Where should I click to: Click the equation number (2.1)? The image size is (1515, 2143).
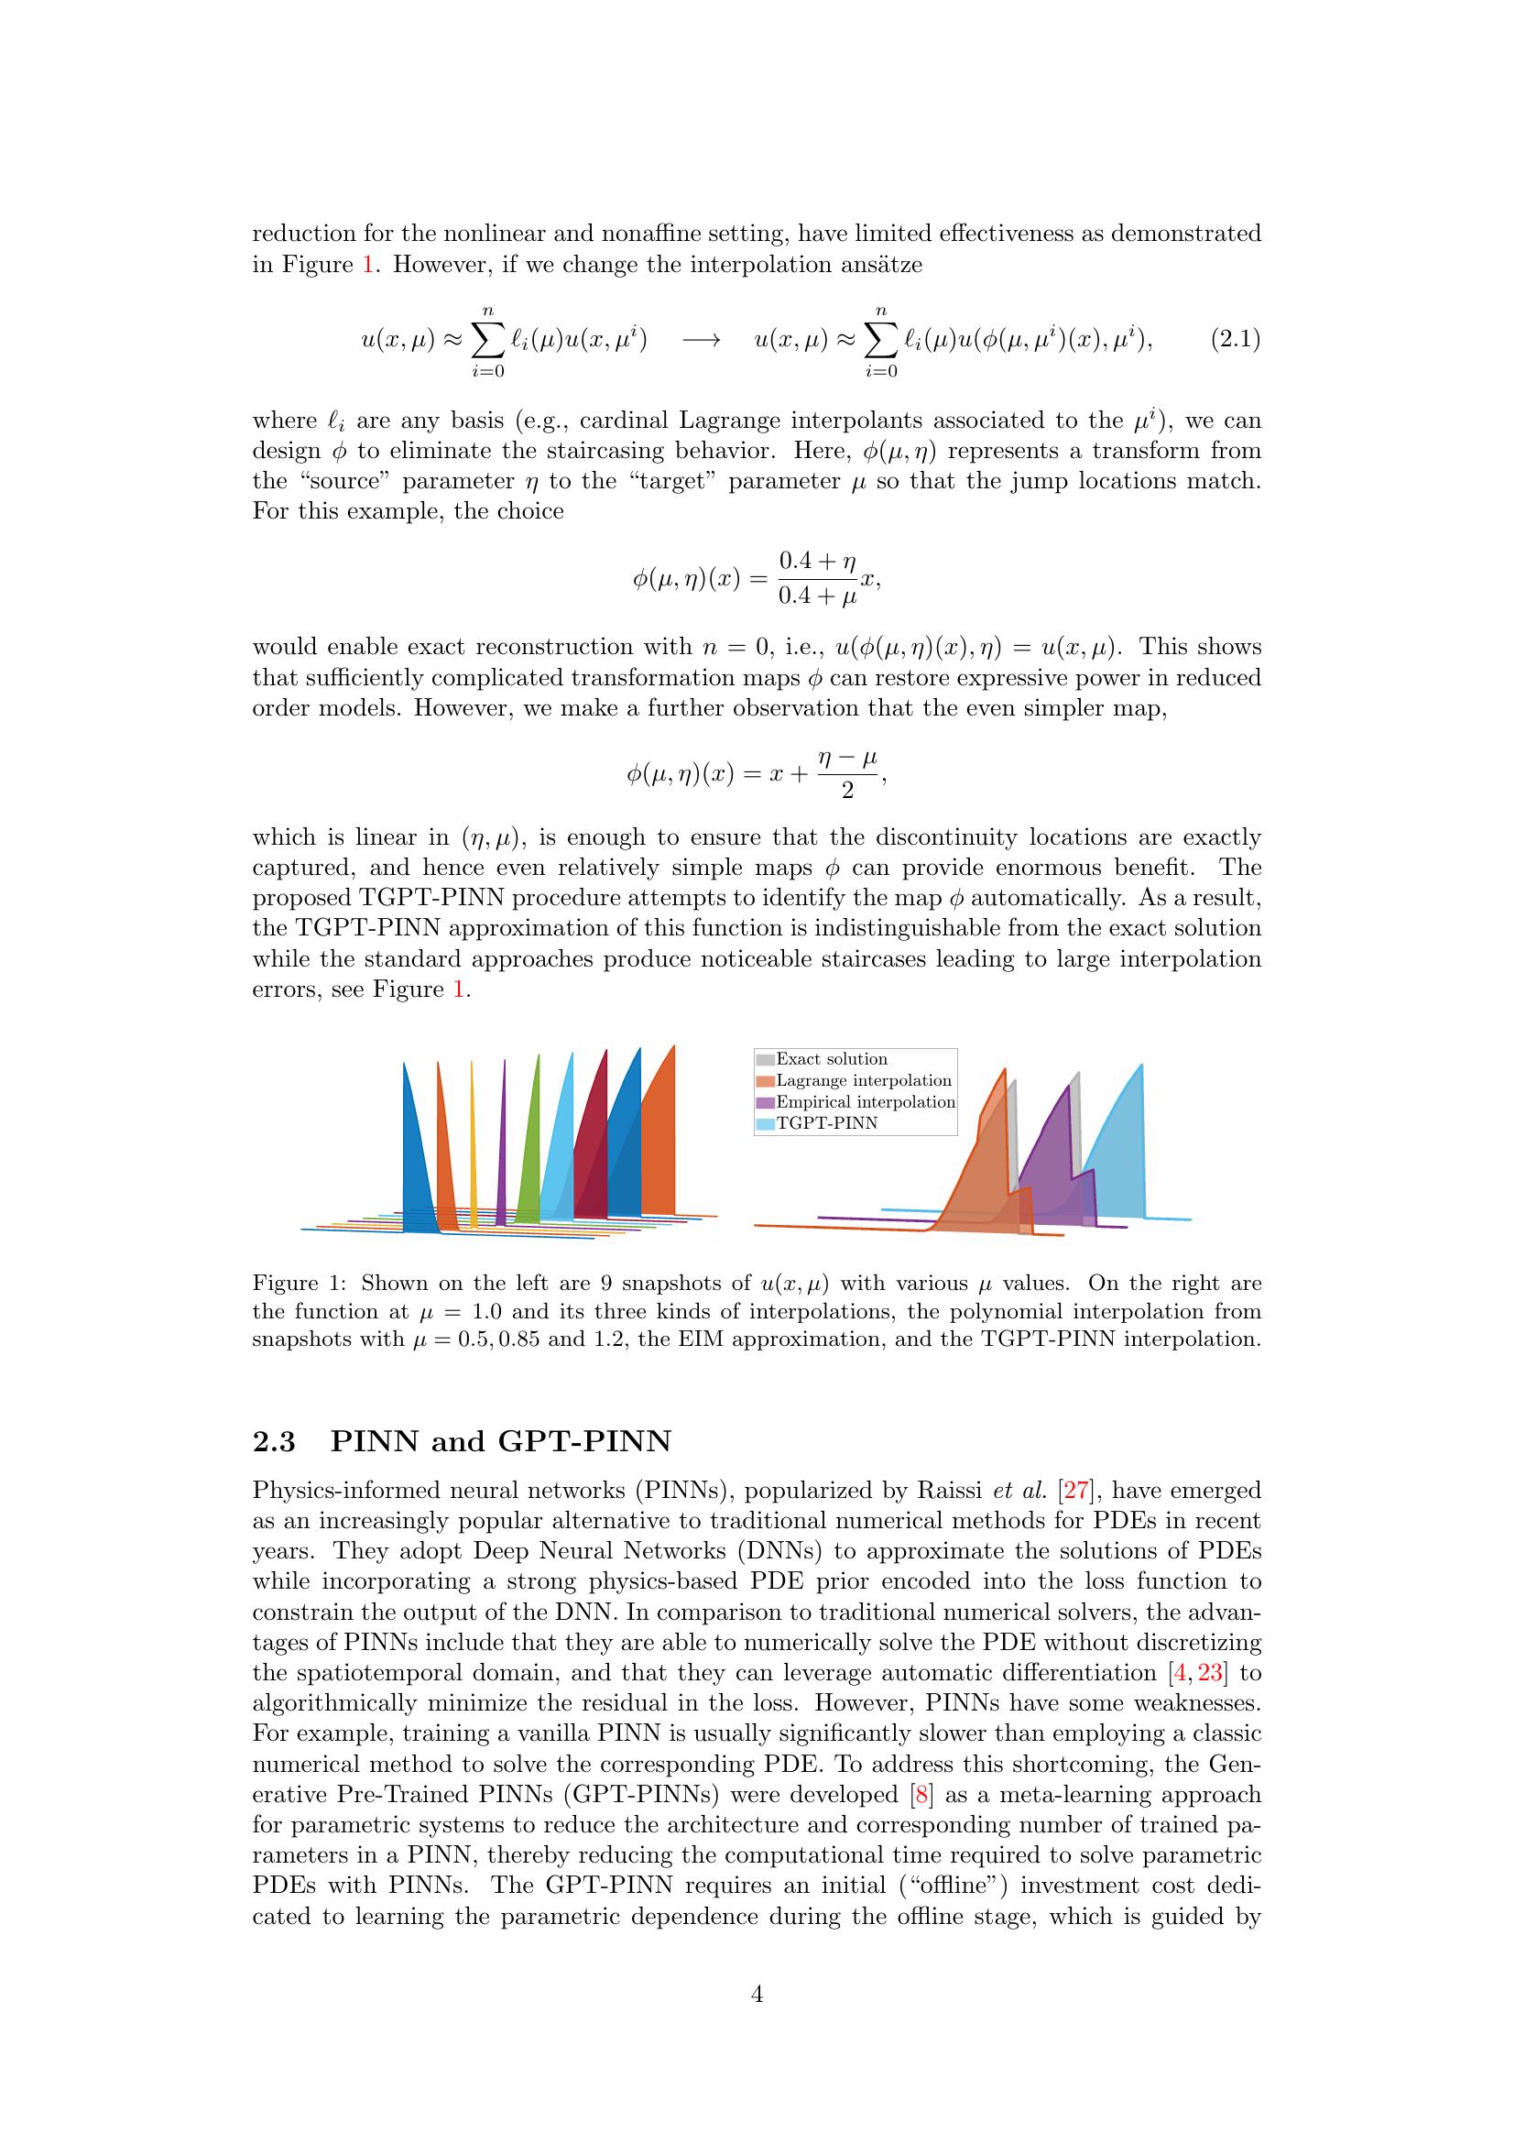[1235, 340]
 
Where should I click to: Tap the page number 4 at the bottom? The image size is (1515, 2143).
[757, 1995]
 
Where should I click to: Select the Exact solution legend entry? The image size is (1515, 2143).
[831, 1059]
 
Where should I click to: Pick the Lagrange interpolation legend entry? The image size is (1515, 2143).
[863, 1081]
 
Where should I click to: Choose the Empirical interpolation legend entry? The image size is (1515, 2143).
[865, 1102]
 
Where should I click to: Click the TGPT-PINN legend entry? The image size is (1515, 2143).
[826, 1124]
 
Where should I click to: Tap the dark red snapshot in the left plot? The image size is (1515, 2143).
[594, 1157]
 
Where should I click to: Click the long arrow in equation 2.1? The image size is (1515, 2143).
[701, 341]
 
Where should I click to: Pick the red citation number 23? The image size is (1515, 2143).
[1210, 1673]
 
